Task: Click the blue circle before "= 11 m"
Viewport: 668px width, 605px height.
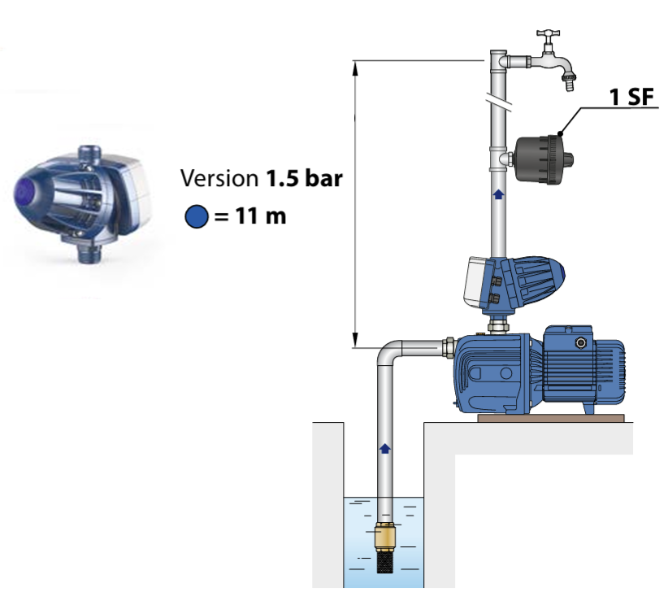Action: pyautogui.click(x=194, y=217)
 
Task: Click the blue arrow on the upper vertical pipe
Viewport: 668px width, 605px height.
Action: pyautogui.click(x=498, y=194)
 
